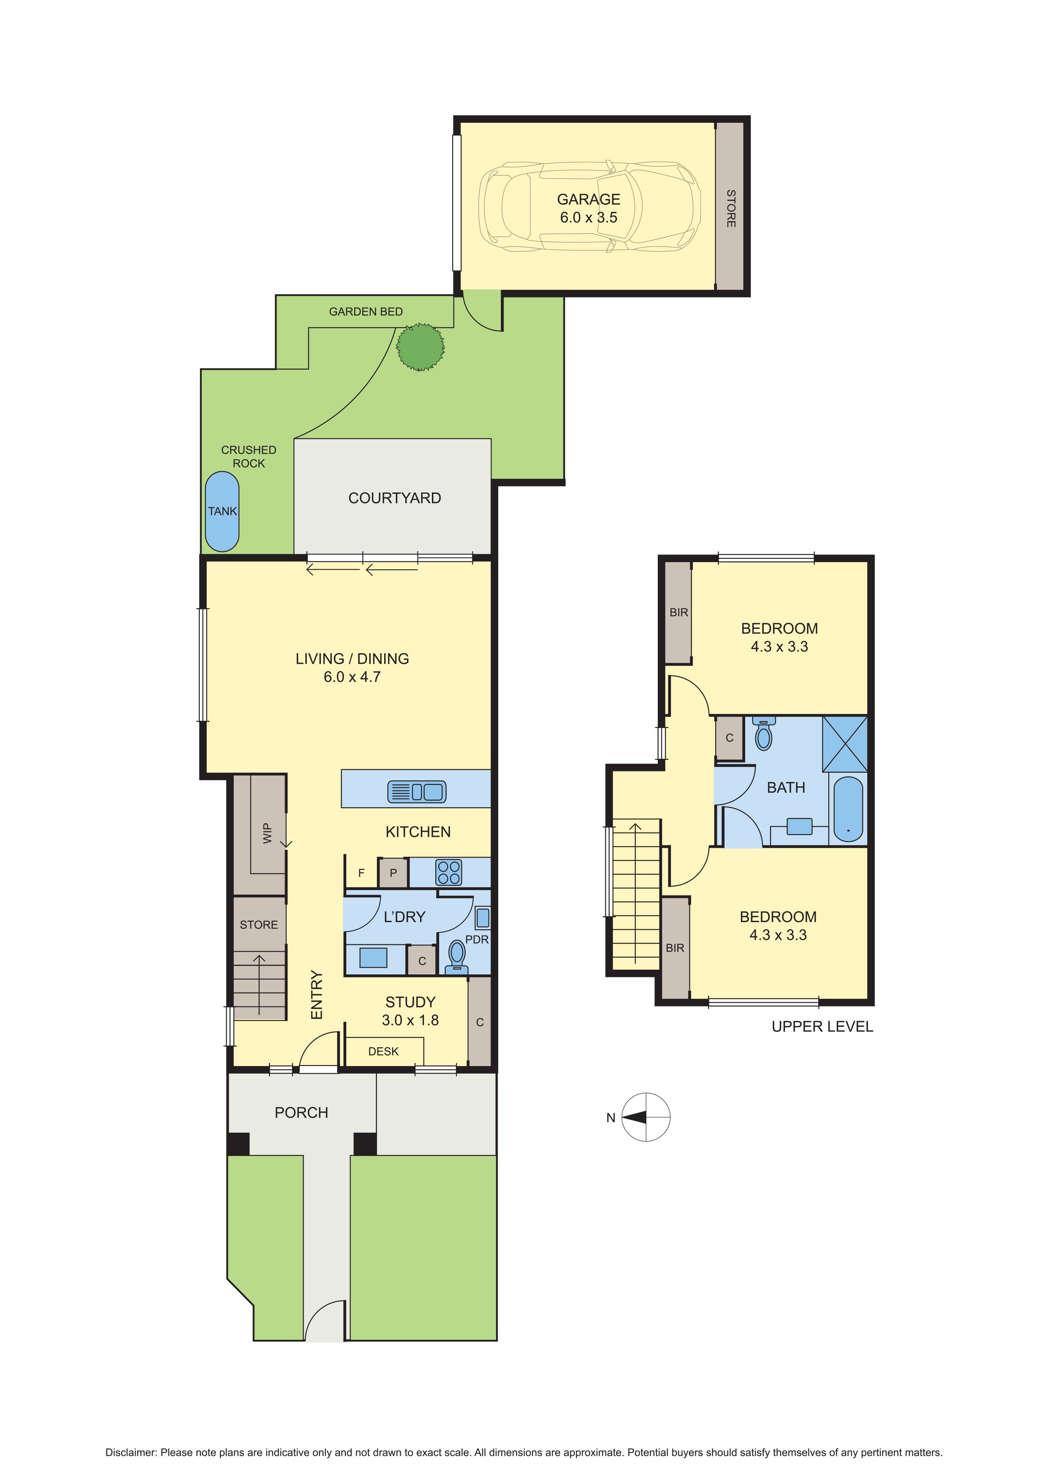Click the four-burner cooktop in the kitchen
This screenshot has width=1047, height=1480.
pos(449,872)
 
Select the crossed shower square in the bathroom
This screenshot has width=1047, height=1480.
pos(844,744)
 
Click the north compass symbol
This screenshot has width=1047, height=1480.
pos(646,1117)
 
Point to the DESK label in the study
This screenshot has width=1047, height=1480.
pos(384,1051)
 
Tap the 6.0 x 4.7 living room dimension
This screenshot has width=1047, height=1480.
pos(352,677)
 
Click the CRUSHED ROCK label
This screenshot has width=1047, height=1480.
pos(249,456)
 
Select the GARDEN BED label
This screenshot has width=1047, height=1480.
pos(366,311)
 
